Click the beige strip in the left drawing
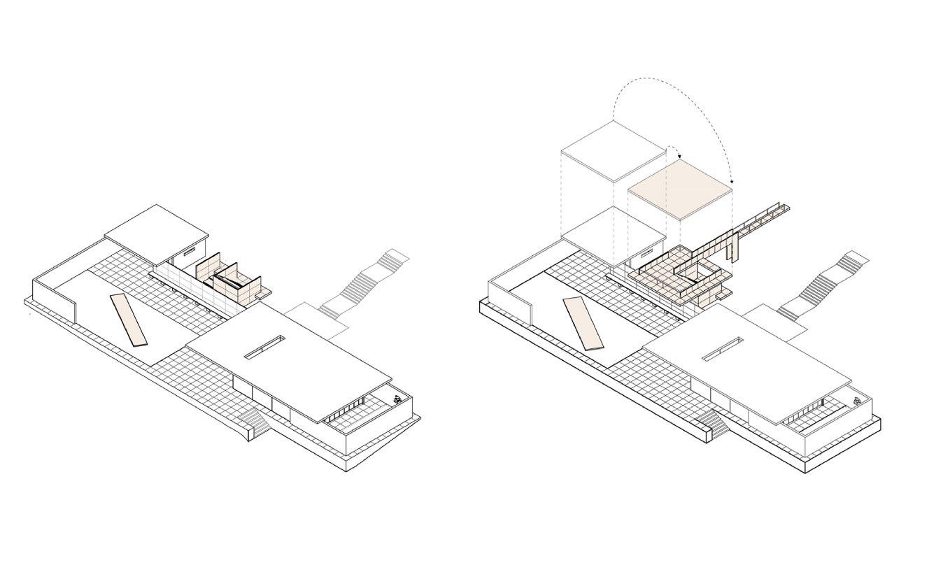[130, 320]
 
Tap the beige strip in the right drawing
[583, 323]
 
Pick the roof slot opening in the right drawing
[723, 349]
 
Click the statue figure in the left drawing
[397, 400]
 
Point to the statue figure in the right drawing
[857, 401]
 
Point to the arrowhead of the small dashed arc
[679, 157]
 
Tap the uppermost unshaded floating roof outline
[613, 150]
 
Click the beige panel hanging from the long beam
[733, 250]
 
